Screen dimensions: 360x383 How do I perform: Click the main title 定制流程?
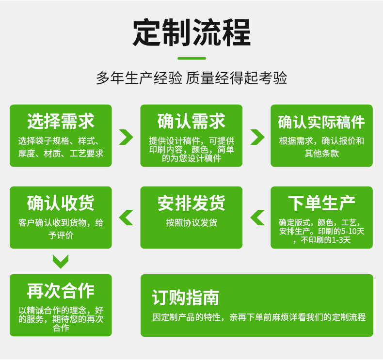[191, 32]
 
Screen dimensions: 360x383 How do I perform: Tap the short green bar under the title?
[191, 58]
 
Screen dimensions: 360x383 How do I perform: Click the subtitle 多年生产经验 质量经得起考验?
[191, 78]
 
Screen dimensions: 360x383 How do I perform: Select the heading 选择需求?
[61, 121]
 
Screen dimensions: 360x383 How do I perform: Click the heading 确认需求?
[191, 121]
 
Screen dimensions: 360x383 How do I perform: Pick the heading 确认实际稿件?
[321, 122]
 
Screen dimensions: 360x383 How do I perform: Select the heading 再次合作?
[61, 291]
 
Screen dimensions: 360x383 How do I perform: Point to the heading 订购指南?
[185, 297]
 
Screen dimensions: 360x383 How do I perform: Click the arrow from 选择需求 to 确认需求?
[126, 137]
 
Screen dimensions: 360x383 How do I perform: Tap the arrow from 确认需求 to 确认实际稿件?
[257, 137]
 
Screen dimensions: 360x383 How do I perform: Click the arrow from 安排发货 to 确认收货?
[126, 218]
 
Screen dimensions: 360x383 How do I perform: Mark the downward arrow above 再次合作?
[61, 262]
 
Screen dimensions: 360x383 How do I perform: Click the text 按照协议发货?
[191, 223]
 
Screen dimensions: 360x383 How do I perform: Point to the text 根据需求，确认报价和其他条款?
[321, 147]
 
